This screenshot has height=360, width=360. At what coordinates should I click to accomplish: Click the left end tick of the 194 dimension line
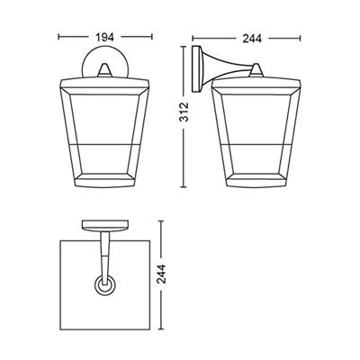click(58, 38)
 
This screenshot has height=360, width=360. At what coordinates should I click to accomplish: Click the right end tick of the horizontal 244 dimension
click(301, 38)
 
